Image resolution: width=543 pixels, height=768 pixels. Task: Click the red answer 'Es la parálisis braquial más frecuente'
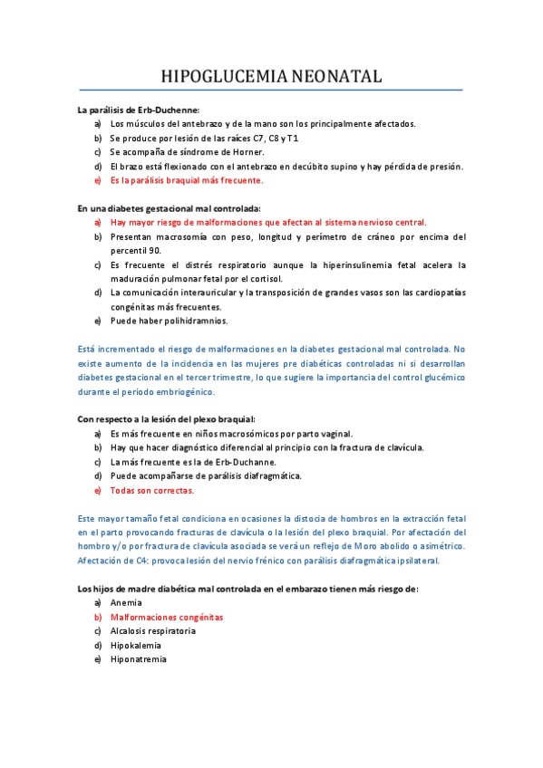(199, 180)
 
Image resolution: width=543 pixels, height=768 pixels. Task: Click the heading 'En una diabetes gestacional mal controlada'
(169, 208)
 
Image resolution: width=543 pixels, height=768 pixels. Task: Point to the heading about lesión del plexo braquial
(166, 419)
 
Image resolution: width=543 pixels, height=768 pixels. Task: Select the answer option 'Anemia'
(126, 602)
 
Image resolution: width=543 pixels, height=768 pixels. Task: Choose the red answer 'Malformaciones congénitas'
(166, 617)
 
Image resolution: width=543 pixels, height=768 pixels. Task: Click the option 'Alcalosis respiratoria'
(152, 630)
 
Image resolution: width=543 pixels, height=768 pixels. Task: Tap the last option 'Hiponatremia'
(138, 659)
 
